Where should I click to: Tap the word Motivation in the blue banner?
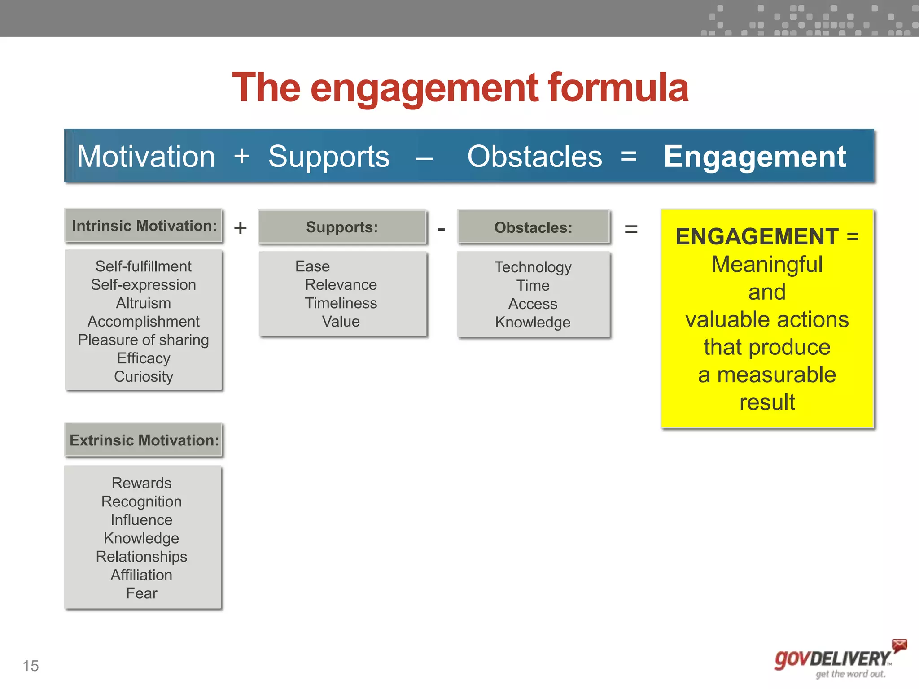[146, 157]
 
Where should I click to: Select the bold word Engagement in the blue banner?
[755, 157]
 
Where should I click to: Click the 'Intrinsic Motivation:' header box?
[144, 226]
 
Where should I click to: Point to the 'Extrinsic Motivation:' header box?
[144, 440]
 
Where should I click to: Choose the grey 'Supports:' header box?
[342, 227]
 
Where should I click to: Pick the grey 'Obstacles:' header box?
[533, 227]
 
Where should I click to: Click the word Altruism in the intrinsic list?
[143, 303]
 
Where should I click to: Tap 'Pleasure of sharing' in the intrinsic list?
[143, 340]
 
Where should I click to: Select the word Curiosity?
[143, 377]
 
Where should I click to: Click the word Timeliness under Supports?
[341, 303]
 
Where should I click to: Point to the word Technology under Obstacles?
[533, 267]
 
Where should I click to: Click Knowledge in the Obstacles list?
[533, 323]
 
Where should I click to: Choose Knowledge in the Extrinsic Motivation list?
[141, 538]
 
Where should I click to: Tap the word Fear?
[141, 593]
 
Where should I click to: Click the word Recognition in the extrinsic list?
[141, 501]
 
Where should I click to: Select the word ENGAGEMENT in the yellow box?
[757, 236]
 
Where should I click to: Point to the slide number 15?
[31, 666]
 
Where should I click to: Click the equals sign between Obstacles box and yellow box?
[631, 229]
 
